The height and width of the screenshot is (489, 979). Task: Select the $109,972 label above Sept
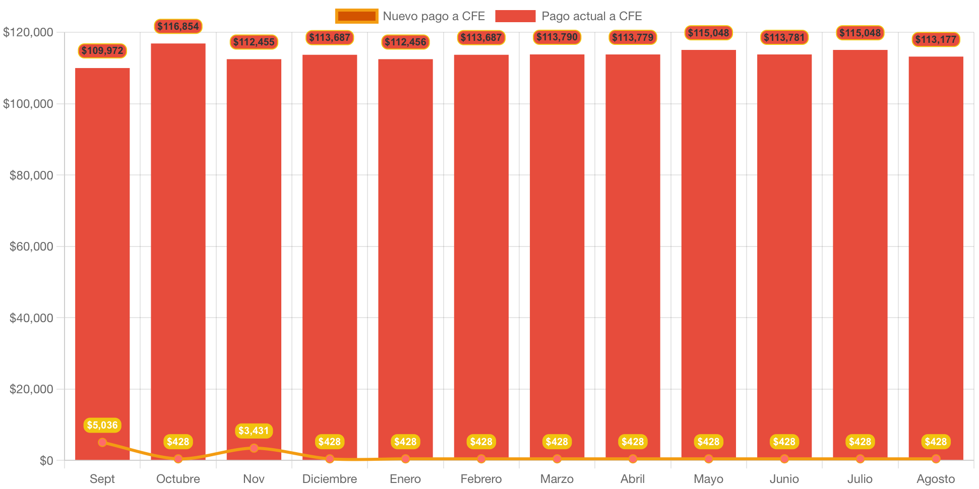tap(102, 50)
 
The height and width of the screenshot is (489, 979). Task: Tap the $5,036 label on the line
tap(102, 425)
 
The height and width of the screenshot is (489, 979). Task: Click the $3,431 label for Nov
tap(254, 431)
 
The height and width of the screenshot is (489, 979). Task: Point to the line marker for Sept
tap(102, 443)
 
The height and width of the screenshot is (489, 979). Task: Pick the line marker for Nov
tap(254, 448)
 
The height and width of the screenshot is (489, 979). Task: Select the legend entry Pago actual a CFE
tap(569, 16)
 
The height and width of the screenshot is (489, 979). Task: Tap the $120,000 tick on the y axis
tap(28, 32)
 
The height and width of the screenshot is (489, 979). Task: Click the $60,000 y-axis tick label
tap(31, 247)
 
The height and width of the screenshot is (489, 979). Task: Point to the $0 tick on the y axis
tap(46, 461)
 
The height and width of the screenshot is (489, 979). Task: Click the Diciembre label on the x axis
tap(330, 479)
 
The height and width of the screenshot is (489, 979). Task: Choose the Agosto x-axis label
tap(936, 479)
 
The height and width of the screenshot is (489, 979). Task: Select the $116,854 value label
tap(178, 26)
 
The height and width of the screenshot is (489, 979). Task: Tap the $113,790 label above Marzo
tap(557, 37)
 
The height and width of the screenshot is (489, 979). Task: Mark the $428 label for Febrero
tap(481, 442)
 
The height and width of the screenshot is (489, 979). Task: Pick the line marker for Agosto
tap(936, 459)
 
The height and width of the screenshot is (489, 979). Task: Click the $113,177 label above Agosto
tap(936, 39)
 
